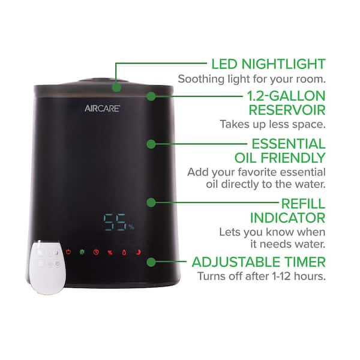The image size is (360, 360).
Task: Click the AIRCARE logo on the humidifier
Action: pyautogui.click(x=102, y=109)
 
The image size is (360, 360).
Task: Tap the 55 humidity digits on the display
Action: pyautogui.click(x=115, y=222)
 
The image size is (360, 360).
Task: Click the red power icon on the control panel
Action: pyautogui.click(x=68, y=252)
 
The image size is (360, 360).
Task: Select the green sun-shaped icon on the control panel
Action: pyautogui.click(x=82, y=252)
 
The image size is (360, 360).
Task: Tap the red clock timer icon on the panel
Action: pyautogui.click(x=96, y=253)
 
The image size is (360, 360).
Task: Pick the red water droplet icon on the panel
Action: pyautogui.click(x=124, y=253)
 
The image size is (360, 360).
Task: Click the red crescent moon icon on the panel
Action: pyautogui.click(x=138, y=253)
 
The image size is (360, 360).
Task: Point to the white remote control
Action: pyautogui.click(x=47, y=267)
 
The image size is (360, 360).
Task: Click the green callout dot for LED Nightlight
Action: pyautogui.click(x=116, y=88)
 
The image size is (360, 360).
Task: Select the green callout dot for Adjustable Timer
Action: pyautogui.click(x=151, y=262)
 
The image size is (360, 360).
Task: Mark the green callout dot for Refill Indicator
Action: pyautogui.click(x=151, y=203)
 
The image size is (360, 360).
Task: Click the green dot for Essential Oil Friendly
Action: pyautogui.click(x=151, y=144)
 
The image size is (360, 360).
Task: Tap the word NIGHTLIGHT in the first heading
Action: pyautogui.click(x=284, y=64)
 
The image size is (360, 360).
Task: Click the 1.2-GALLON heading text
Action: pyautogui.click(x=286, y=96)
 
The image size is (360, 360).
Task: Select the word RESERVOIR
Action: pyautogui.click(x=287, y=110)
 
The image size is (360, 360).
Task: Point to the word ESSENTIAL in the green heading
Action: pyautogui.click(x=289, y=144)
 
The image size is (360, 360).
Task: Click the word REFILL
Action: pyautogui.click(x=303, y=203)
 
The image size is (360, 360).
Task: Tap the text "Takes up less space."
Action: pyautogui.click(x=273, y=124)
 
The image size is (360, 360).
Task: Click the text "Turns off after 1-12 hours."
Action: pyautogui.click(x=262, y=276)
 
